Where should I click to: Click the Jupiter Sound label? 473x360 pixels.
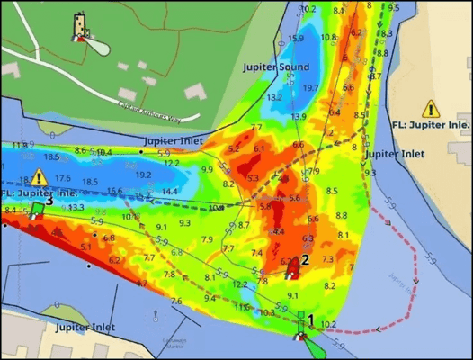pos(276,67)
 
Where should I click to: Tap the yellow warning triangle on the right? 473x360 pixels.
pos(432,109)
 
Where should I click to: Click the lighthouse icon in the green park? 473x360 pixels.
pos(81,26)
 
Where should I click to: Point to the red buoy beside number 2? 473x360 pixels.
pos(290,265)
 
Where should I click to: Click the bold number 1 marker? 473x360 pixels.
pos(311,319)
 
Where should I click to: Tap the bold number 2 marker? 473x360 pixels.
pos(305,259)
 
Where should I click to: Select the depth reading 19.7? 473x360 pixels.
pos(310,87)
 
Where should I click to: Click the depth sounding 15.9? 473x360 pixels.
pos(296,39)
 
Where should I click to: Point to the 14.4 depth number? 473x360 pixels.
pos(170,192)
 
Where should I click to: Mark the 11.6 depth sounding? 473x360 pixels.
pos(244,307)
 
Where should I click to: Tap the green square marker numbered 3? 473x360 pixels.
pos(37,209)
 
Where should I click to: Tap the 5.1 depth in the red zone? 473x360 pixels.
pos(85,246)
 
